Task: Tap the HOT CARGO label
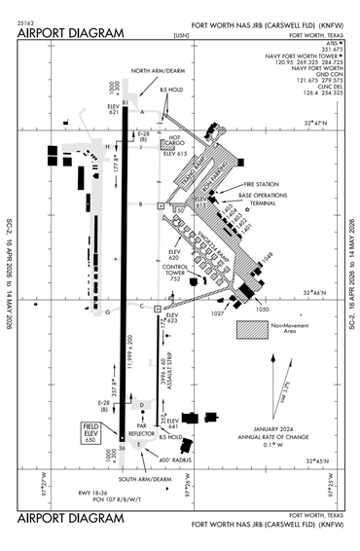175,141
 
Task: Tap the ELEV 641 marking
172,423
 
